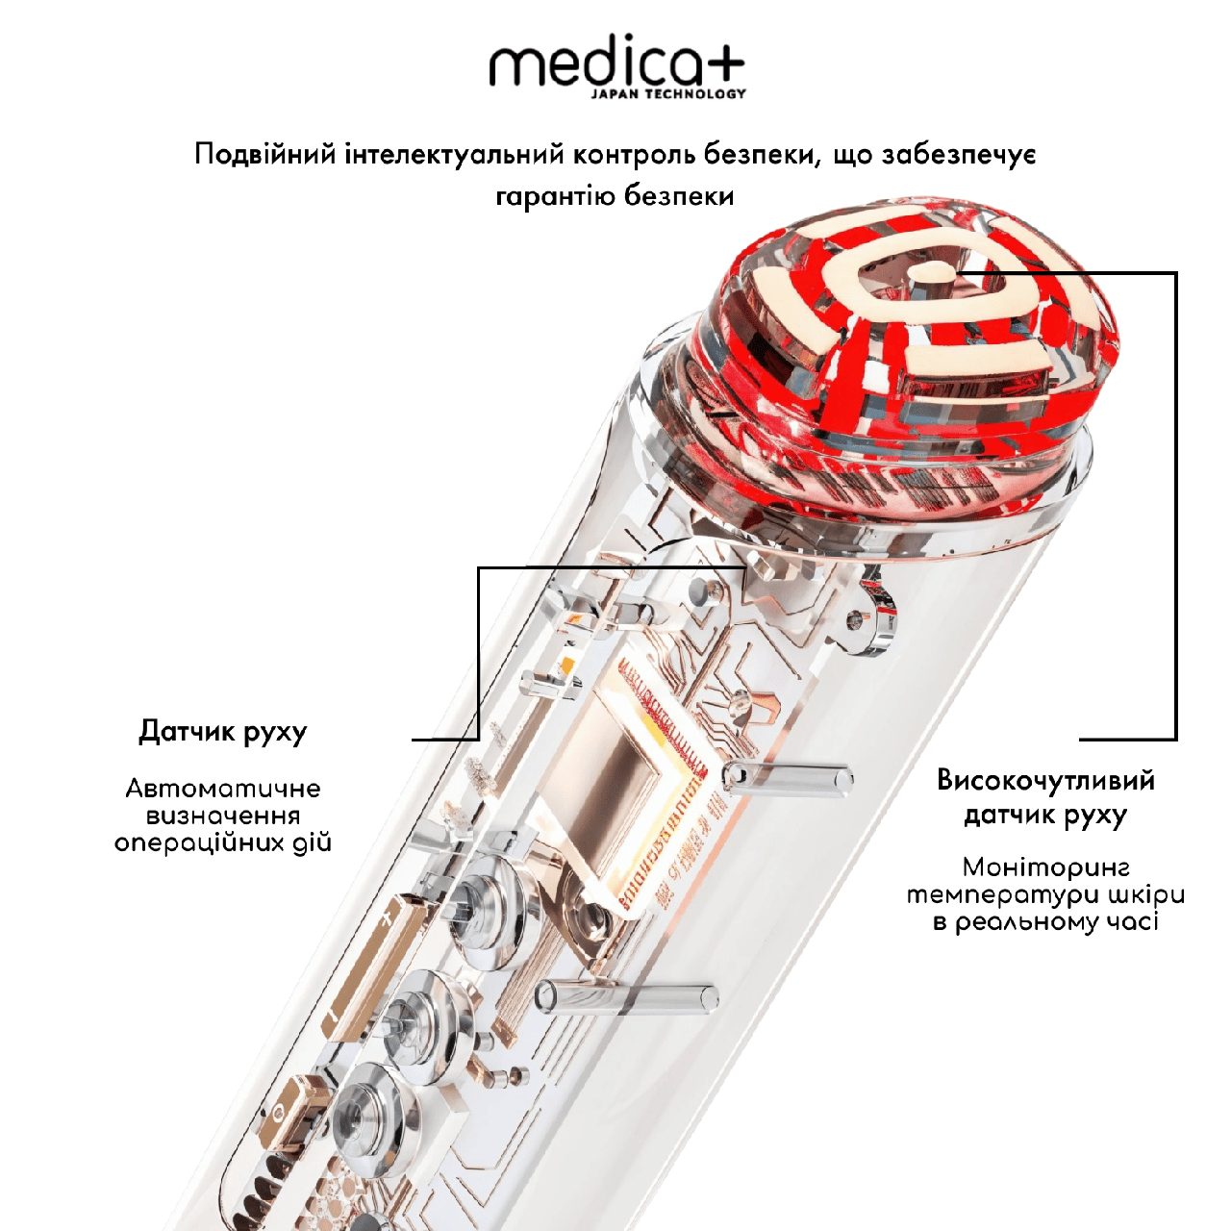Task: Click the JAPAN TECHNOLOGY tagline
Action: (x=668, y=94)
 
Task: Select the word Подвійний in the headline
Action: (x=265, y=156)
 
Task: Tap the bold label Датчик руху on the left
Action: (x=223, y=733)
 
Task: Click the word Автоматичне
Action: (x=223, y=789)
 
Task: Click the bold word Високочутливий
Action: (x=1045, y=781)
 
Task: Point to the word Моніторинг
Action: (x=1045, y=867)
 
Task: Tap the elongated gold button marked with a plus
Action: (x=372, y=970)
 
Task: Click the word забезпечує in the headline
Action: (x=958, y=156)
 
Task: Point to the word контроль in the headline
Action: (x=645, y=155)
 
